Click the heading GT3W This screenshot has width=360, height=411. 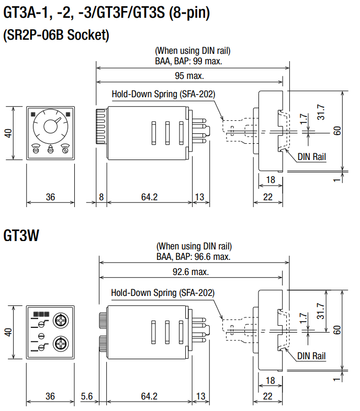click(21, 235)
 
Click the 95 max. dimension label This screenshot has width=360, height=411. click(189, 76)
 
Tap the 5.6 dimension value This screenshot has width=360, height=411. click(87, 396)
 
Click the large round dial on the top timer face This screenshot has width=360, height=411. click(51, 126)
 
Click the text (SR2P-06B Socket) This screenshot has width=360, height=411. click(57, 36)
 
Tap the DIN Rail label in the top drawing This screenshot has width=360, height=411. click(311, 156)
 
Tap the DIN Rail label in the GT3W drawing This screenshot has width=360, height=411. click(311, 356)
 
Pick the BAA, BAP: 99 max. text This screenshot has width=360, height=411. click(189, 61)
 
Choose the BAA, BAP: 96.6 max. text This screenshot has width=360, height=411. click(194, 257)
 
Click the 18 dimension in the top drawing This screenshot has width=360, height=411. click(271, 179)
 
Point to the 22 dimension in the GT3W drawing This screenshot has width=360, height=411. click(268, 396)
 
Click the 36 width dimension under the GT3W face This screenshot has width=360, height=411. click(50, 396)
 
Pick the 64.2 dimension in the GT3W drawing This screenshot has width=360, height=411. click(149, 396)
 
